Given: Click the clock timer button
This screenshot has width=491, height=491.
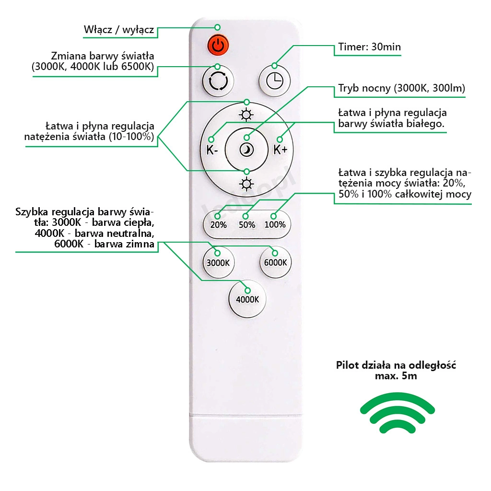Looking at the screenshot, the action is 275,81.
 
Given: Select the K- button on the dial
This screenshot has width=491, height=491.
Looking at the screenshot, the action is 212,150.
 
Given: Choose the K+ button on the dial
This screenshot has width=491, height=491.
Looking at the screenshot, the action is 280,150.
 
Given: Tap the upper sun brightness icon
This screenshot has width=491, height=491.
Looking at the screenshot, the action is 246,115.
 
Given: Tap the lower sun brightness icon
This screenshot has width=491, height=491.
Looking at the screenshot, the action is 246,184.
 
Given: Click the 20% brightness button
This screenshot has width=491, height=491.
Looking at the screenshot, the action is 218,225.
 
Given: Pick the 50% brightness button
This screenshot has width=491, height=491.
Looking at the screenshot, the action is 247,225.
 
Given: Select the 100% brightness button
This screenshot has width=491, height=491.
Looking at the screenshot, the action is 275,224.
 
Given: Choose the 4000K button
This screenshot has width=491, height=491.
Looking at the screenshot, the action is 247,299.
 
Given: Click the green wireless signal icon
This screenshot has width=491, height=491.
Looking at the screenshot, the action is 397,413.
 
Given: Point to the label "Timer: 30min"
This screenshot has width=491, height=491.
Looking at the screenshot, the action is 370,47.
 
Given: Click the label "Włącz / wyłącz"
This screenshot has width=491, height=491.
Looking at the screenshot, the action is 119,30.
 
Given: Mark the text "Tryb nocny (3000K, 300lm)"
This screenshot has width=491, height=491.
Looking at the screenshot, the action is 401,88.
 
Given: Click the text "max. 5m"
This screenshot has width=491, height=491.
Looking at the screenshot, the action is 396,376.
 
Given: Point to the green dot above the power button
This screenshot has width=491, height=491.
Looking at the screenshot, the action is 217,27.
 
